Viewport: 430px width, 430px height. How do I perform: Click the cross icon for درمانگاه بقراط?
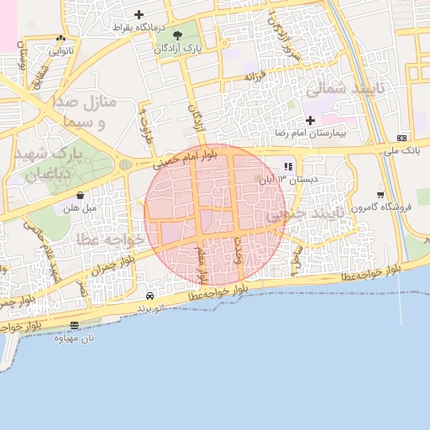coord(139,14)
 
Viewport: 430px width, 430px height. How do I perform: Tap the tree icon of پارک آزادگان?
coord(176,34)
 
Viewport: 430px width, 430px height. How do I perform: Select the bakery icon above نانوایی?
coord(60,39)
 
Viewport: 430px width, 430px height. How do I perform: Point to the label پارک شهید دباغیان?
coord(52,165)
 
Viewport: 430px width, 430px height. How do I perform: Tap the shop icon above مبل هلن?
coord(80,195)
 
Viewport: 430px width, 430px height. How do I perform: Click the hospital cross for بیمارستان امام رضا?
coord(310,121)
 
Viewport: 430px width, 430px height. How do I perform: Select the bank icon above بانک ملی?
coord(401,138)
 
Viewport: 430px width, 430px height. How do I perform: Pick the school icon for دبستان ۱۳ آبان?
coord(289,166)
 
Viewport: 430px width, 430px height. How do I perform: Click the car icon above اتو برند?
coord(149,296)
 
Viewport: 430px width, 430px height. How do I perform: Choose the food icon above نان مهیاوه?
coord(75,325)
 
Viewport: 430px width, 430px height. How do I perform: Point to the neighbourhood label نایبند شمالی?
coord(343,88)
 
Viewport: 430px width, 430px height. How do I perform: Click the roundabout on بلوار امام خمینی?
coord(125,165)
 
